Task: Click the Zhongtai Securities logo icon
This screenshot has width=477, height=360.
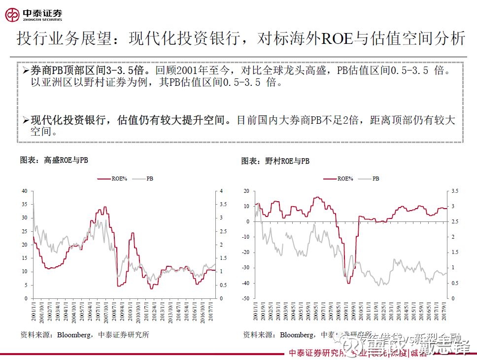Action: tap(12, 15)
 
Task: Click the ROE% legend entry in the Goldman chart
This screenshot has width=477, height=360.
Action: tap(113, 179)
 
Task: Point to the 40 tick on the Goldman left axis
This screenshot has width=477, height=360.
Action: tap(24, 191)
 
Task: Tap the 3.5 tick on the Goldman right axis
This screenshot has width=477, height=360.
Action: tap(222, 204)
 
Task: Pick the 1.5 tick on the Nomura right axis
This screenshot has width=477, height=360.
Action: tap(454, 252)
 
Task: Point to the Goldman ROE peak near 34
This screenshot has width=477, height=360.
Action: tap(104, 207)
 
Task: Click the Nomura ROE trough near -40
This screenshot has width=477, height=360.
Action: tap(348, 283)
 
